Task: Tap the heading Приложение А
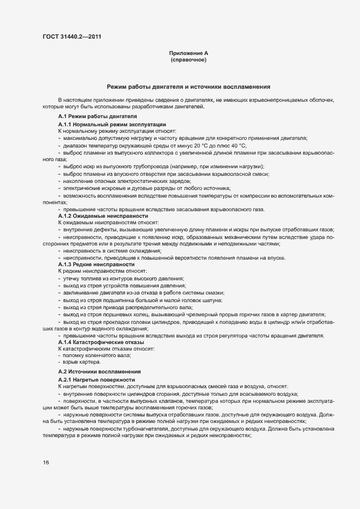188,53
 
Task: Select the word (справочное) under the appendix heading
188,60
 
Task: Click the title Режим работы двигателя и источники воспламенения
188,87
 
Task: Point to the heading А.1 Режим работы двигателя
90,117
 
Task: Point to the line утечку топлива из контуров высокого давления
124,278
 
